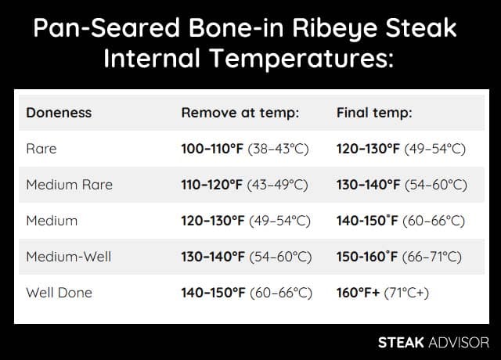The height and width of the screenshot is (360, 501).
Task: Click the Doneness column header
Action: point(59,113)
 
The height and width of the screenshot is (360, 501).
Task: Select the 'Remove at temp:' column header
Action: point(240,113)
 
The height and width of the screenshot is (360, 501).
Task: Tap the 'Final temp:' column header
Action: point(374,113)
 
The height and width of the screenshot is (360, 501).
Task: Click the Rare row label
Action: point(41,149)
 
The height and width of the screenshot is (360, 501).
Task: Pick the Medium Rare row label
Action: point(70,185)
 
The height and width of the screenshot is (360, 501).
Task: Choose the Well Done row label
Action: point(59,293)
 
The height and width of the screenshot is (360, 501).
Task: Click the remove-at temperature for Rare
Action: point(245,149)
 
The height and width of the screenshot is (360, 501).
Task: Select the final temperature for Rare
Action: point(401,149)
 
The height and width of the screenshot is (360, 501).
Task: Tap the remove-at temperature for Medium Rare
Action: point(245,185)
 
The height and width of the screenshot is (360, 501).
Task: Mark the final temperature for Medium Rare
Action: point(402,185)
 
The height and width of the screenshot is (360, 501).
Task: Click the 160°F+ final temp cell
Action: point(383,293)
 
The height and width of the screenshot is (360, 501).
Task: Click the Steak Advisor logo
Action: point(433,342)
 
